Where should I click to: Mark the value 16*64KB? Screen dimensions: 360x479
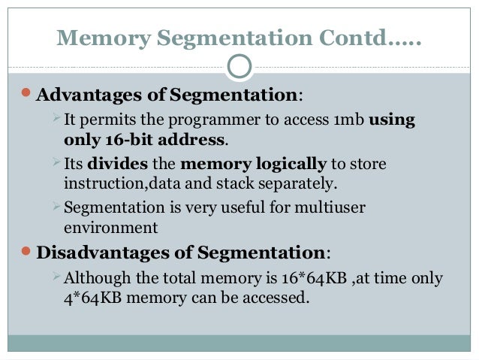(x=315, y=278)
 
